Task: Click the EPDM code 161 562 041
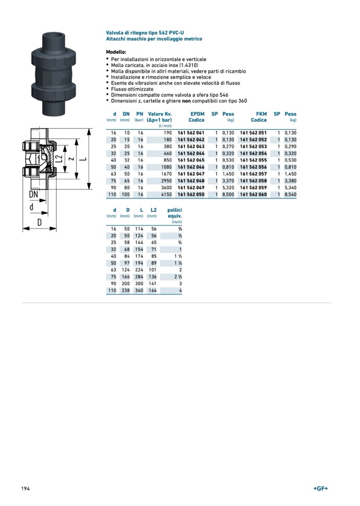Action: [191, 133]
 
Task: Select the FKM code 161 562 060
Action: [253, 194]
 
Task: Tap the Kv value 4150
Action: [165, 194]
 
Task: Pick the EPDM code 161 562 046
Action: [191, 167]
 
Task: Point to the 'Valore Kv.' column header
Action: [160, 114]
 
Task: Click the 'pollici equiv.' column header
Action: [174, 213]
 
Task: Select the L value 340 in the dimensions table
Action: [139, 290]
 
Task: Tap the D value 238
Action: [125, 290]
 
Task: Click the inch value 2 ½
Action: [178, 276]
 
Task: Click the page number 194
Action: [25, 488]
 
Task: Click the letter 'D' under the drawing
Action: [39, 222]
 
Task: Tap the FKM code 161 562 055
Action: [253, 160]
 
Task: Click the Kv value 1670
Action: [165, 174]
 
